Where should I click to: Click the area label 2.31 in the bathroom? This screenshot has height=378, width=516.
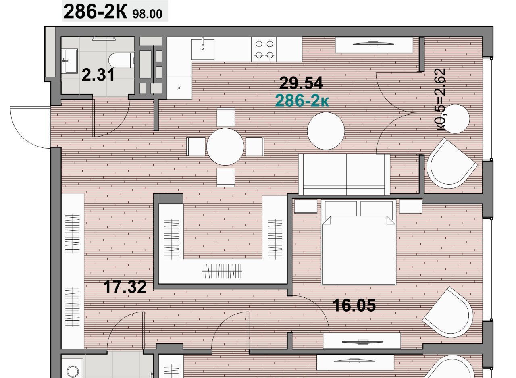coord(98,75)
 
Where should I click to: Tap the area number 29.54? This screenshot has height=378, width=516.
coord(301,83)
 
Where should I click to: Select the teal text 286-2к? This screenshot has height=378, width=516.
coord(302,101)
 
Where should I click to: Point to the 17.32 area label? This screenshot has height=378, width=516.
coord(125,287)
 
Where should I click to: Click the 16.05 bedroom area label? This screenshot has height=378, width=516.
coord(354,305)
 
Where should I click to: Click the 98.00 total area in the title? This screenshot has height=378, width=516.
coord(148,14)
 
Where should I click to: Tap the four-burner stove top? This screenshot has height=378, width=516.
coord(264,49)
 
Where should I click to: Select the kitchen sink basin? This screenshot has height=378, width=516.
coord(203,50)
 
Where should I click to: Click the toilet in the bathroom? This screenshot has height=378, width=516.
coord(121,60)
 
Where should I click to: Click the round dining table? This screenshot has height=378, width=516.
coord(225,147)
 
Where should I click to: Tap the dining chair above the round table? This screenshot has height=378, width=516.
coord(226,117)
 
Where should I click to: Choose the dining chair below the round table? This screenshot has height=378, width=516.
coord(226,177)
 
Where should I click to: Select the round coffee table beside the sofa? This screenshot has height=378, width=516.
coord(326,131)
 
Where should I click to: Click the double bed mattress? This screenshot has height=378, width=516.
coord(359,250)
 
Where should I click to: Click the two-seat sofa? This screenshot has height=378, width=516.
coord(344,174)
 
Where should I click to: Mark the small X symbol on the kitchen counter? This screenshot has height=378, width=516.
coord(179,88)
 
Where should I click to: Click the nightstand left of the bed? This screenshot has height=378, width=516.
coord(306,206)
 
